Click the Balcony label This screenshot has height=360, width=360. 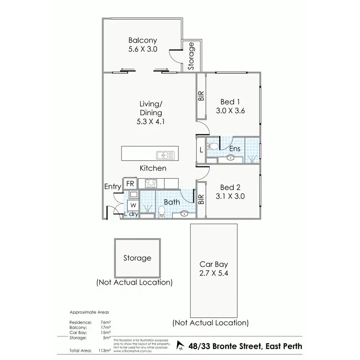143,41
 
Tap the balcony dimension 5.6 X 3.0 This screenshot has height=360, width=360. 143,49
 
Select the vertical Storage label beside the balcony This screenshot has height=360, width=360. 192,57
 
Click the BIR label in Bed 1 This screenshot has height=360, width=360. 201,96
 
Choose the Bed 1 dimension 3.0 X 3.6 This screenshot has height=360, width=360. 230,110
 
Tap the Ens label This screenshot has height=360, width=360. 234,149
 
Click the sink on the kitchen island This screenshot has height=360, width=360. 164,155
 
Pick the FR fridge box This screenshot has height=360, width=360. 130,183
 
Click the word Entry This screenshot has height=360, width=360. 113,186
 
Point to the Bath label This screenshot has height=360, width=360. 172,202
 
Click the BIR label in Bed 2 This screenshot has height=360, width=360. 201,200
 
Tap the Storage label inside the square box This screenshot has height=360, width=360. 137,258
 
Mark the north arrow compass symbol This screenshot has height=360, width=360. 180,345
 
